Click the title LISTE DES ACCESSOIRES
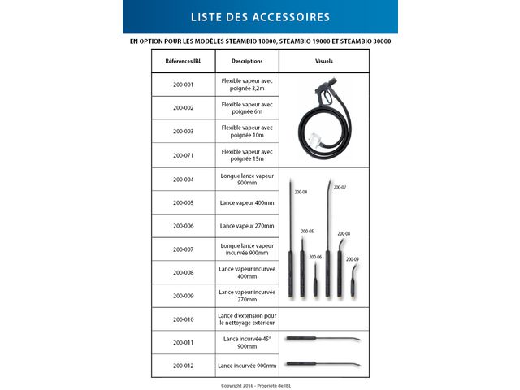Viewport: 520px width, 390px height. [260, 16]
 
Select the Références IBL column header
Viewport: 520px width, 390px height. [184, 61]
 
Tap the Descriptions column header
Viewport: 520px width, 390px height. [247, 61]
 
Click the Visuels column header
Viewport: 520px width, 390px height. [323, 61]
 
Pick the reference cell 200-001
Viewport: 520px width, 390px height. [184, 84]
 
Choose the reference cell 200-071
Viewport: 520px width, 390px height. [184, 154]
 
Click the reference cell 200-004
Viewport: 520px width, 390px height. [184, 179]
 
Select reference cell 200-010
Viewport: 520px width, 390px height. [184, 319]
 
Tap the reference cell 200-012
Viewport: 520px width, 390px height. [184, 366]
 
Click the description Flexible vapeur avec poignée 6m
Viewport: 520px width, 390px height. [247, 108]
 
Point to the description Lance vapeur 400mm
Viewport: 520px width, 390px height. [247, 202]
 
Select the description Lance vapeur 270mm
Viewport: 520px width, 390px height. [247, 226]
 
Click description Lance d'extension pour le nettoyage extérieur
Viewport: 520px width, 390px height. [247, 319]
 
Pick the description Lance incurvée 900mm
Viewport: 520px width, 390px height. [247, 366]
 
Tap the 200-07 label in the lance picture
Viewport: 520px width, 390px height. [340, 188]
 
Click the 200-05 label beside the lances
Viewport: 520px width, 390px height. [307, 232]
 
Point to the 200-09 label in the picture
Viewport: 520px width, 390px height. [352, 259]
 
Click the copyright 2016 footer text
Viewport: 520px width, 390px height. [260, 384]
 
